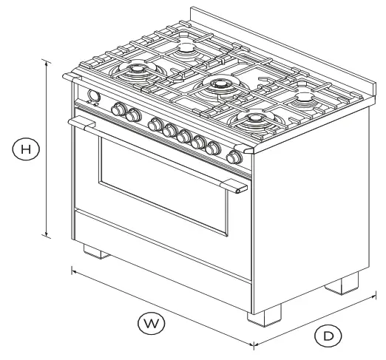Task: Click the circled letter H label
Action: point(26,149)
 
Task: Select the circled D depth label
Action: point(328,336)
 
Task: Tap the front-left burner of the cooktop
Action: point(138,71)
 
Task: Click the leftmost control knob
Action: point(118,110)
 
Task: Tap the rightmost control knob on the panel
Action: point(234,157)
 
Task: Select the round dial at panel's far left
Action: point(93,96)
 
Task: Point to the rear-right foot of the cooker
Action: point(349,283)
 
